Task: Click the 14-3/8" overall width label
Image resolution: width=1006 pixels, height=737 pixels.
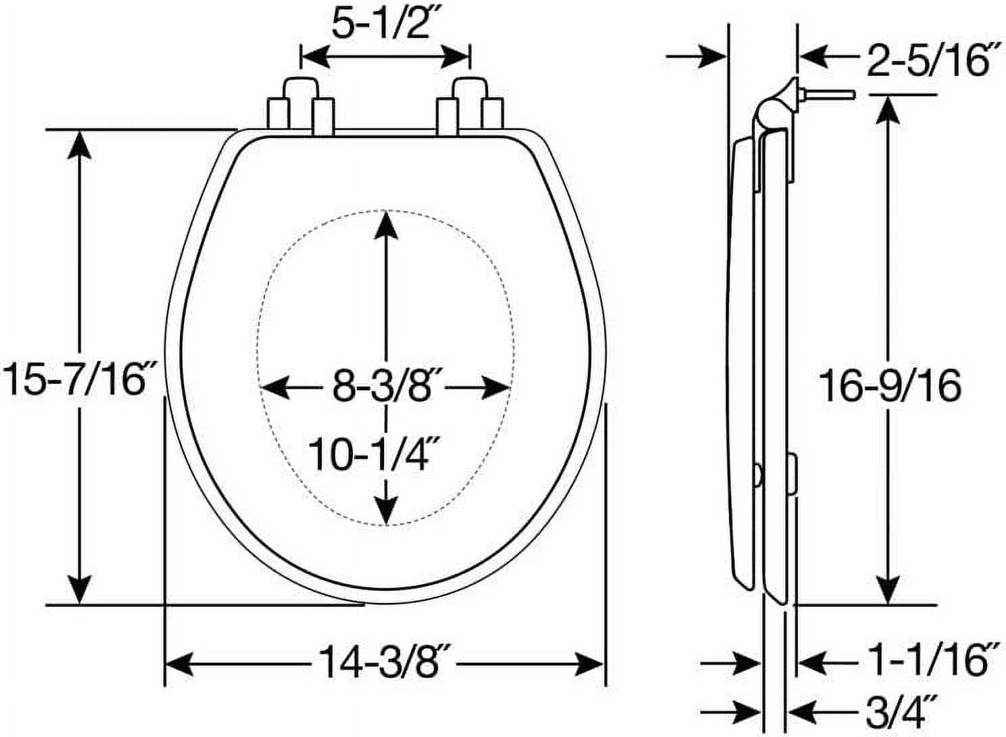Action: coord(381,661)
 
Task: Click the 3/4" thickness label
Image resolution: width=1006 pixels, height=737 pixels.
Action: coord(898,711)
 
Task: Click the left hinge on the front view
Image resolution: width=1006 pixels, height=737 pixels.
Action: coord(300,107)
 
